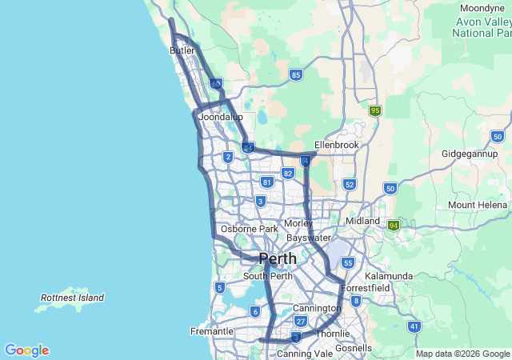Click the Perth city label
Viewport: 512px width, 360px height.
pos(277,259)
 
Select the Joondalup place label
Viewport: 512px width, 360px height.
pos(220,117)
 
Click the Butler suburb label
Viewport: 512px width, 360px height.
pos(182,50)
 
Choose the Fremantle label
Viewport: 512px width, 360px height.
pos(211,331)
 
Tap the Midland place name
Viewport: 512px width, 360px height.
pos(362,221)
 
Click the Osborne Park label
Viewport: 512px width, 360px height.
pos(249,229)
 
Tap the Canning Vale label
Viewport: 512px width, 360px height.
pos(304,353)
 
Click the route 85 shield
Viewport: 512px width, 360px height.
pos(296,75)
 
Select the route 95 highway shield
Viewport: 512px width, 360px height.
pos(374,111)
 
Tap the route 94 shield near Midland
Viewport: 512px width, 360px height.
pos(394,226)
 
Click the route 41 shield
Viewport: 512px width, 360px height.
pos(414,326)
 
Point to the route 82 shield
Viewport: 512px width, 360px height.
pos(288,173)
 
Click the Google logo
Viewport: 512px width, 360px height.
pos(26,350)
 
